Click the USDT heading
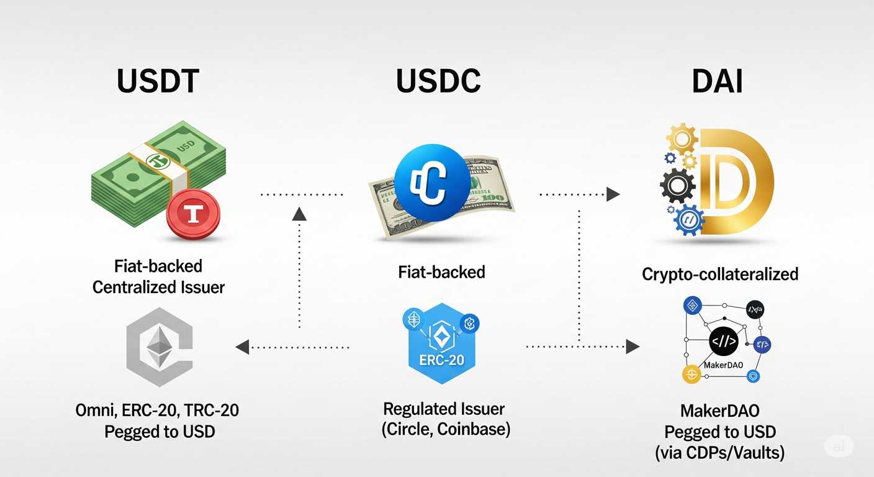(x=158, y=81)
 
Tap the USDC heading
(x=438, y=81)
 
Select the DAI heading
(x=718, y=81)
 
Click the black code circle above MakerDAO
(x=723, y=341)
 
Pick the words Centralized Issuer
(x=158, y=288)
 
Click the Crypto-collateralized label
(x=720, y=274)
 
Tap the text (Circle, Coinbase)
(x=446, y=429)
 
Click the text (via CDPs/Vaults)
(x=720, y=453)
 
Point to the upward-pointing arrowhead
(x=299, y=214)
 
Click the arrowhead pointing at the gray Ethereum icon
(x=243, y=347)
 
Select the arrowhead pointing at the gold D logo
(x=613, y=194)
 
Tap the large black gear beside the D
(x=678, y=185)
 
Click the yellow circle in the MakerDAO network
(x=692, y=374)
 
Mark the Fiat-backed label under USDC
(x=442, y=271)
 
